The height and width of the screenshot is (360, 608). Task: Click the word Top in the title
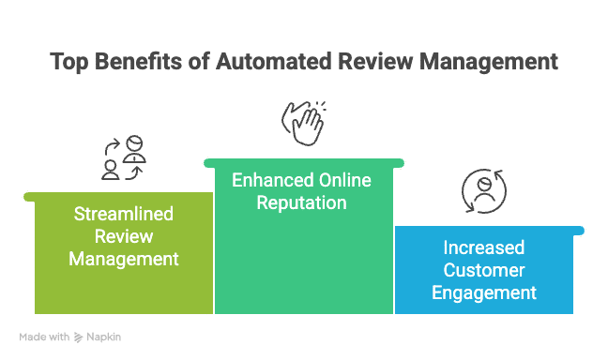tap(68, 63)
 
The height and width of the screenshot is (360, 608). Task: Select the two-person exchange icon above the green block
tap(124, 158)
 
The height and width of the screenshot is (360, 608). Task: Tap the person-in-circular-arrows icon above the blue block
tap(482, 191)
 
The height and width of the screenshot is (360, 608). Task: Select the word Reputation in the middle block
tap(301, 202)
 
